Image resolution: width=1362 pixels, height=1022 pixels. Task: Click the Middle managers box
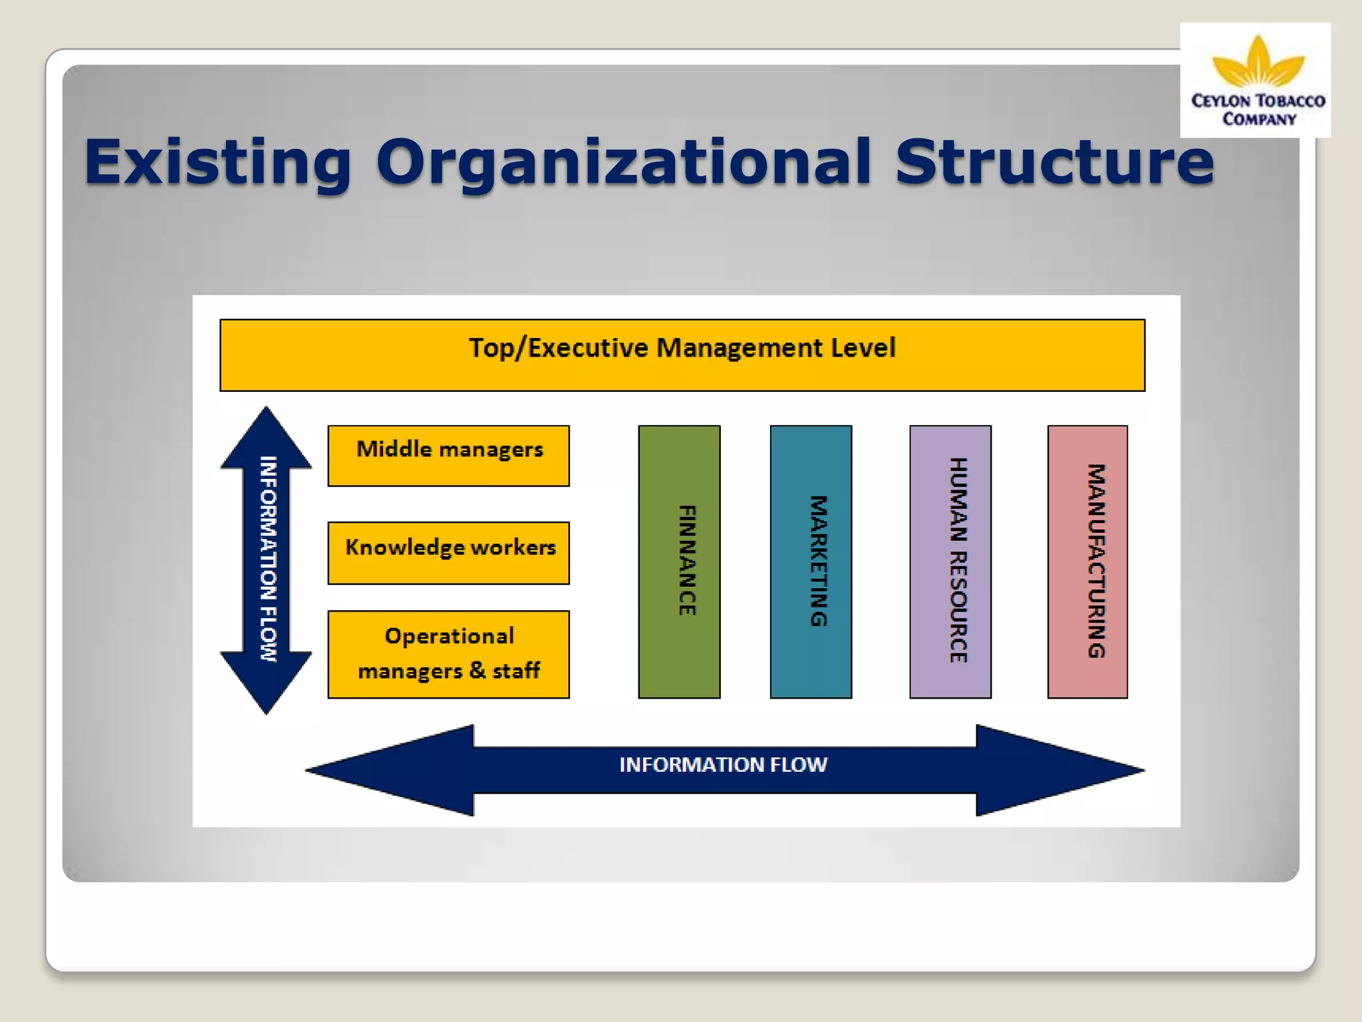pyautogui.click(x=449, y=456)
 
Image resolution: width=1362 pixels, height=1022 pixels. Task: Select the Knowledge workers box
pyautogui.click(x=449, y=553)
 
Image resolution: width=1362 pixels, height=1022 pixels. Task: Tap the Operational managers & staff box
pyautogui.click(x=449, y=654)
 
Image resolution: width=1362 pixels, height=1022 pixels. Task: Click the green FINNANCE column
pyautogui.click(x=679, y=562)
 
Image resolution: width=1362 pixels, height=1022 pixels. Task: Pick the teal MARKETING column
pyautogui.click(x=811, y=562)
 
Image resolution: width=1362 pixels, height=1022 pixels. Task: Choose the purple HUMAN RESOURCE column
pyautogui.click(x=950, y=562)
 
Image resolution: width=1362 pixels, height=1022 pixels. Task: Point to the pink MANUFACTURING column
pyautogui.click(x=1087, y=562)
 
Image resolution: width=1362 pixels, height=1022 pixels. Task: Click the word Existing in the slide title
pyautogui.click(x=217, y=162)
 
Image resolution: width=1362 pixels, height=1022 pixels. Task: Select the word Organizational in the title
pyautogui.click(x=623, y=162)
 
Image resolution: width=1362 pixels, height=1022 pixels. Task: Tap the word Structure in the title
pyautogui.click(x=1055, y=162)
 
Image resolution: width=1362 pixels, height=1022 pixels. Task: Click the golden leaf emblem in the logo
pyautogui.click(x=1258, y=63)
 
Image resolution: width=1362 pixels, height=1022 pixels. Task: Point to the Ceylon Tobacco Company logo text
pyautogui.click(x=1258, y=110)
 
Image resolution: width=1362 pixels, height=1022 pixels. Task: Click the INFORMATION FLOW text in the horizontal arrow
pyautogui.click(x=723, y=765)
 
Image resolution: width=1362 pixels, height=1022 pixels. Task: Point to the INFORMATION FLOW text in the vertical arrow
pyautogui.click(x=267, y=559)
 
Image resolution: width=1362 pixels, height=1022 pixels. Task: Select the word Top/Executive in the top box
pyautogui.click(x=558, y=348)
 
